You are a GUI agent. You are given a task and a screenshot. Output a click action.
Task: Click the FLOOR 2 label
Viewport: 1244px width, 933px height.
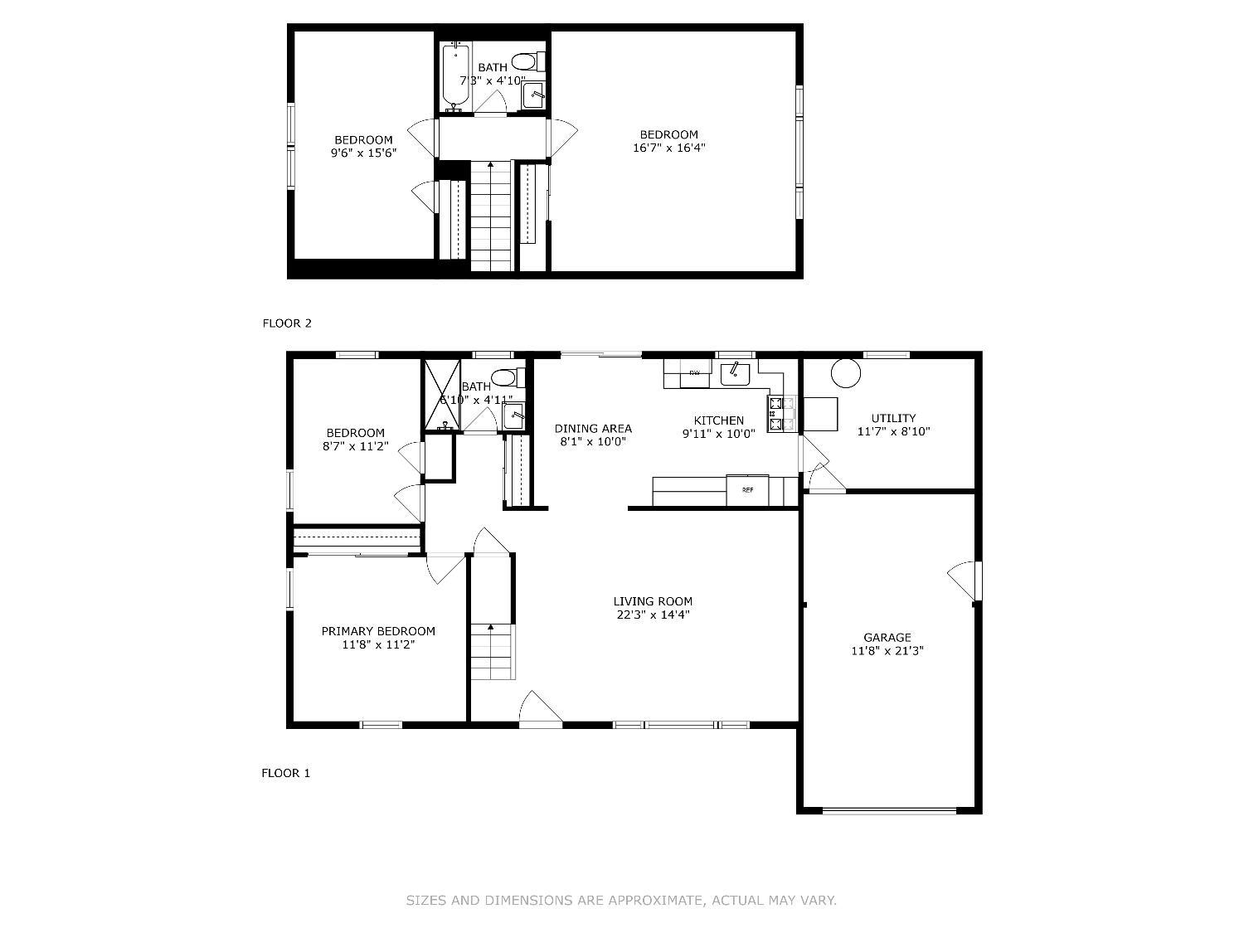pyautogui.click(x=287, y=323)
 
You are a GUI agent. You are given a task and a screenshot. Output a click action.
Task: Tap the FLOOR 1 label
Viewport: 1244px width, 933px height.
pyautogui.click(x=285, y=773)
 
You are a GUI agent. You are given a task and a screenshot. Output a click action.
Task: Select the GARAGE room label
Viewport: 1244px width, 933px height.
pyautogui.click(x=887, y=637)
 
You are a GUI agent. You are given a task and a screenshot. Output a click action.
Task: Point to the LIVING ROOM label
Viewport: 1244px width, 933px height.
pyautogui.click(x=653, y=601)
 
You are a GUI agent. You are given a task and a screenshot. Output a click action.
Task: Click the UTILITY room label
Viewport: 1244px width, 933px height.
pyautogui.click(x=894, y=418)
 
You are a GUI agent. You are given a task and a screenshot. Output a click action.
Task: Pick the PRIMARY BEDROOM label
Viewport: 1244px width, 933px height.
pyautogui.click(x=378, y=631)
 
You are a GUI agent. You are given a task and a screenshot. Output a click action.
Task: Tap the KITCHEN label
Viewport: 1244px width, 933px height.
pyautogui.click(x=719, y=420)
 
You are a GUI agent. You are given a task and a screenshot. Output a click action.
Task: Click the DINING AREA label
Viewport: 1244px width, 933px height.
pyautogui.click(x=593, y=428)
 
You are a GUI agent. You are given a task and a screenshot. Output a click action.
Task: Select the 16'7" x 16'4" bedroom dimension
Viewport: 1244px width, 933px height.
pyautogui.click(x=669, y=148)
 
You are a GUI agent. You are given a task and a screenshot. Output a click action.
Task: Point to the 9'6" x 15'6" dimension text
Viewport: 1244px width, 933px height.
pyautogui.click(x=363, y=153)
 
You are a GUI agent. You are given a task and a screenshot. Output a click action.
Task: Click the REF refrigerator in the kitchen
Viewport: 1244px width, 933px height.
pyautogui.click(x=747, y=490)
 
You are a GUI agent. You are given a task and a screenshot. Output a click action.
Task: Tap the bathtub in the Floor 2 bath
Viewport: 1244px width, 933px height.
pyautogui.click(x=456, y=77)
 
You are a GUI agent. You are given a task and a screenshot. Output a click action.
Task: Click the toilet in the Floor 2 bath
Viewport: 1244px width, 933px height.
pyautogui.click(x=528, y=61)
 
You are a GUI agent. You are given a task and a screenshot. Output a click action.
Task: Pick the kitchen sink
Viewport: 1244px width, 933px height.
pyautogui.click(x=735, y=374)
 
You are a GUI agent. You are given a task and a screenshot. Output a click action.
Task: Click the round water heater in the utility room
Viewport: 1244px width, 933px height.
pyautogui.click(x=846, y=373)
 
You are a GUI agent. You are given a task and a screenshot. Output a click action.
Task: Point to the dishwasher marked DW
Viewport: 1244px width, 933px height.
pyautogui.click(x=694, y=373)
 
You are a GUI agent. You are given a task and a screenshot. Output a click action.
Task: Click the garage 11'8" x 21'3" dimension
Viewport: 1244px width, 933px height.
pyautogui.click(x=887, y=651)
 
